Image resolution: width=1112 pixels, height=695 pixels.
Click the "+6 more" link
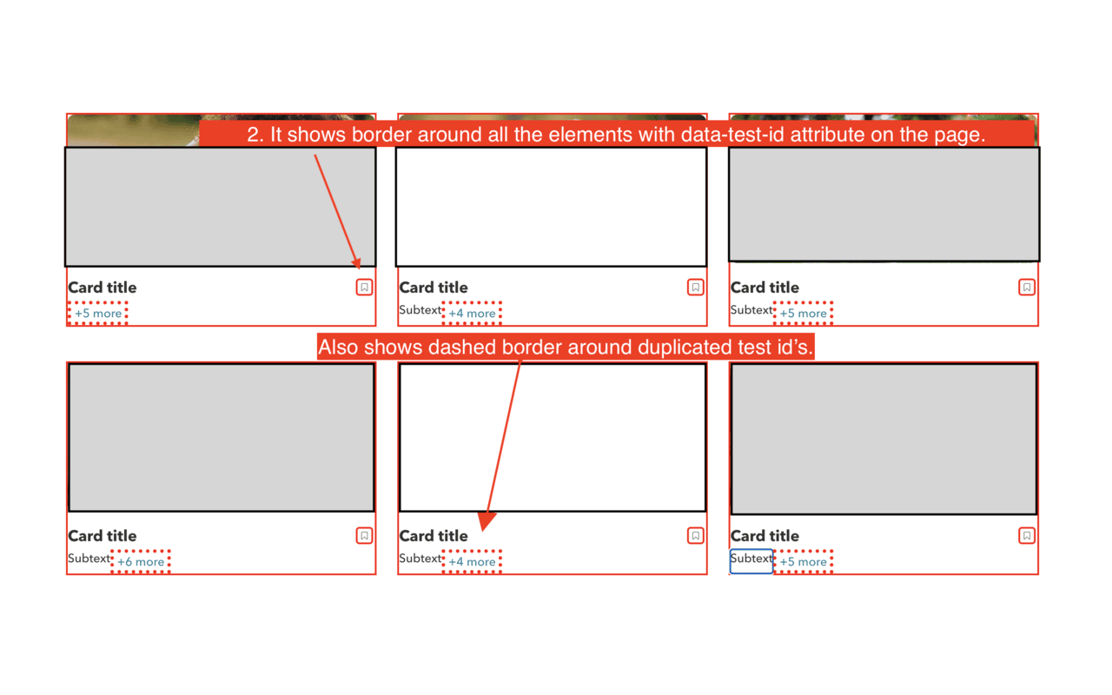[141, 561]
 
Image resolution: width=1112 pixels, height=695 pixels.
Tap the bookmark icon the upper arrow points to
[364, 287]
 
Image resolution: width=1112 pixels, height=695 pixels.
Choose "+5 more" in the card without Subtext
[98, 314]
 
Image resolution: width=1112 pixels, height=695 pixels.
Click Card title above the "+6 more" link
[103, 536]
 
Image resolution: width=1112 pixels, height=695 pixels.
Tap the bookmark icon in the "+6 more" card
[364, 536]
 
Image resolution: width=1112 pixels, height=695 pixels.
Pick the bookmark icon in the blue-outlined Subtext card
[1027, 536]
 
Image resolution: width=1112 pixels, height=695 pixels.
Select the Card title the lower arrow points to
[434, 536]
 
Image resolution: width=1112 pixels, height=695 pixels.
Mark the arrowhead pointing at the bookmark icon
[357, 263]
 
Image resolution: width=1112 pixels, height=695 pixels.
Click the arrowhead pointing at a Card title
[486, 521]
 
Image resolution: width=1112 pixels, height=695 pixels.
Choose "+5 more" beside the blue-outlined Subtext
[803, 561]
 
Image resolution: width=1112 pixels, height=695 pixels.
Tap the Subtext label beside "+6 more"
[89, 558]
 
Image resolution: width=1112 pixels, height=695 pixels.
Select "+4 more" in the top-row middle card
[472, 314]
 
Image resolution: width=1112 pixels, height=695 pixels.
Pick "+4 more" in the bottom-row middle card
[472, 561]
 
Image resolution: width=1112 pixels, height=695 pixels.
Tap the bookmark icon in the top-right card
[1027, 287]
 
